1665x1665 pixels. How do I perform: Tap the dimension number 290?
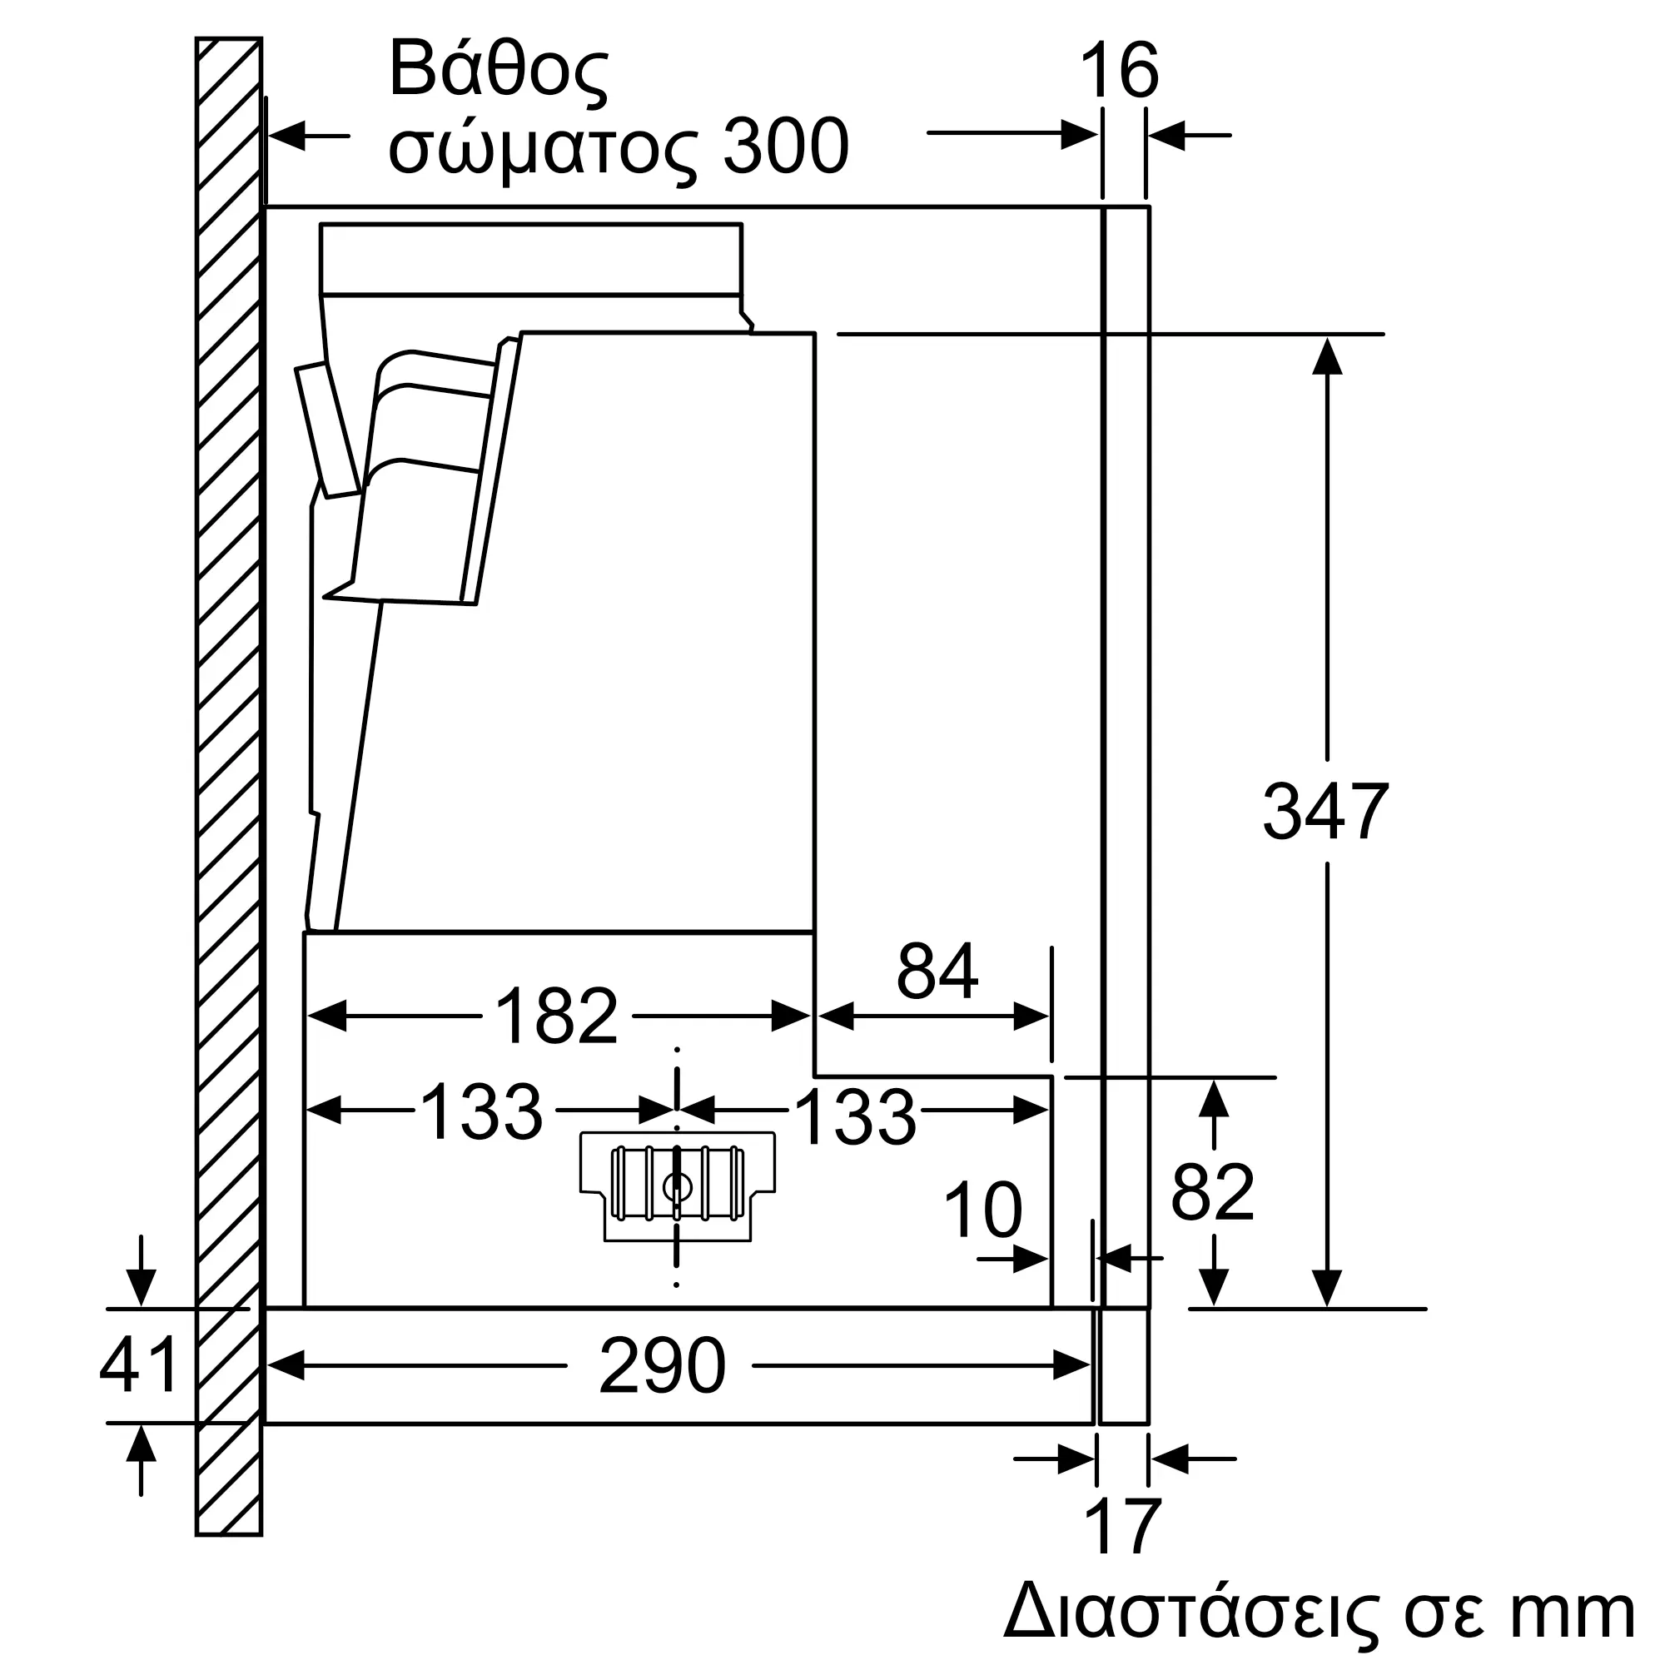coord(662,1365)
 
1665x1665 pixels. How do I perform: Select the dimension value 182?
coord(557,1015)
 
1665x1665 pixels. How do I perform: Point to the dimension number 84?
coord(937,971)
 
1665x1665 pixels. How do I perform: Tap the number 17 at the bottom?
coord(1123,1526)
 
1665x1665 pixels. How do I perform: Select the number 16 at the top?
coord(1118,71)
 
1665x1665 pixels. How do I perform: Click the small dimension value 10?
coord(982,1210)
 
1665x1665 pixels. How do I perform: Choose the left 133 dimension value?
coord(481,1111)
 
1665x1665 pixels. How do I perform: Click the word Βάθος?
coord(498,69)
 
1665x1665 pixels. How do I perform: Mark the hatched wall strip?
coord(228,786)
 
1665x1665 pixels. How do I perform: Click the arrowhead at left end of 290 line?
coord(286,1365)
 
